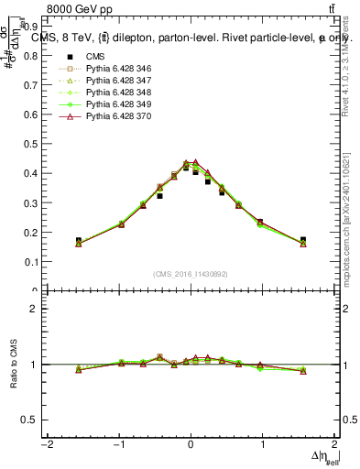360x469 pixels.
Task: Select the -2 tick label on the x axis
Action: pos(45,444)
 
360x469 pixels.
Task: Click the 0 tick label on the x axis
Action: pos(191,444)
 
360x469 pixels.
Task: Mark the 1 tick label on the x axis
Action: pos(263,444)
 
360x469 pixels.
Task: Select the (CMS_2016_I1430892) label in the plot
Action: pos(190,274)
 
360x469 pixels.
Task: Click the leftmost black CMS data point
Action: pos(79,241)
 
